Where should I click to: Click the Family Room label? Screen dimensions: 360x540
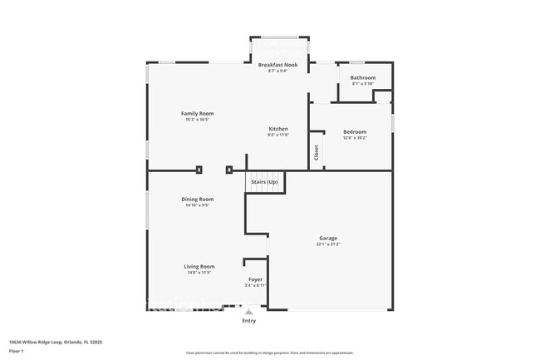click(198, 113)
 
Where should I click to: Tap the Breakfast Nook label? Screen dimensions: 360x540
click(277, 65)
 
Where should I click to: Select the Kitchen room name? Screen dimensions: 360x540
click(278, 129)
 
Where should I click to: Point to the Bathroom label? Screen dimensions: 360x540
click(362, 78)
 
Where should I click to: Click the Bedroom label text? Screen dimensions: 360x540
click(355, 132)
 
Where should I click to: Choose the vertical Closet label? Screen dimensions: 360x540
click(316, 153)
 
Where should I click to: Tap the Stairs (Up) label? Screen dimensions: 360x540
click(264, 181)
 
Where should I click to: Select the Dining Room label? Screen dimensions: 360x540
click(198, 200)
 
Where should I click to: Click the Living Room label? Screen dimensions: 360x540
click(199, 267)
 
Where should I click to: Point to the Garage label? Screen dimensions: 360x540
click(328, 239)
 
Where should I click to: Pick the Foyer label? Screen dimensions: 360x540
click(255, 280)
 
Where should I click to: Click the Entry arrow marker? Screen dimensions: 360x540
click(248, 312)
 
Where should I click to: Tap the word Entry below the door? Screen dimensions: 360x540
click(248, 321)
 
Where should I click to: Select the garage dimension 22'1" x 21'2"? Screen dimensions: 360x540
click(328, 244)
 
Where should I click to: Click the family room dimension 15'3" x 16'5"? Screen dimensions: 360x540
click(198, 119)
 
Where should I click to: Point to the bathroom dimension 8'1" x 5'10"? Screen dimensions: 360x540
click(362, 84)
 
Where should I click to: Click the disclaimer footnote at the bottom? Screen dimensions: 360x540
click(269, 353)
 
